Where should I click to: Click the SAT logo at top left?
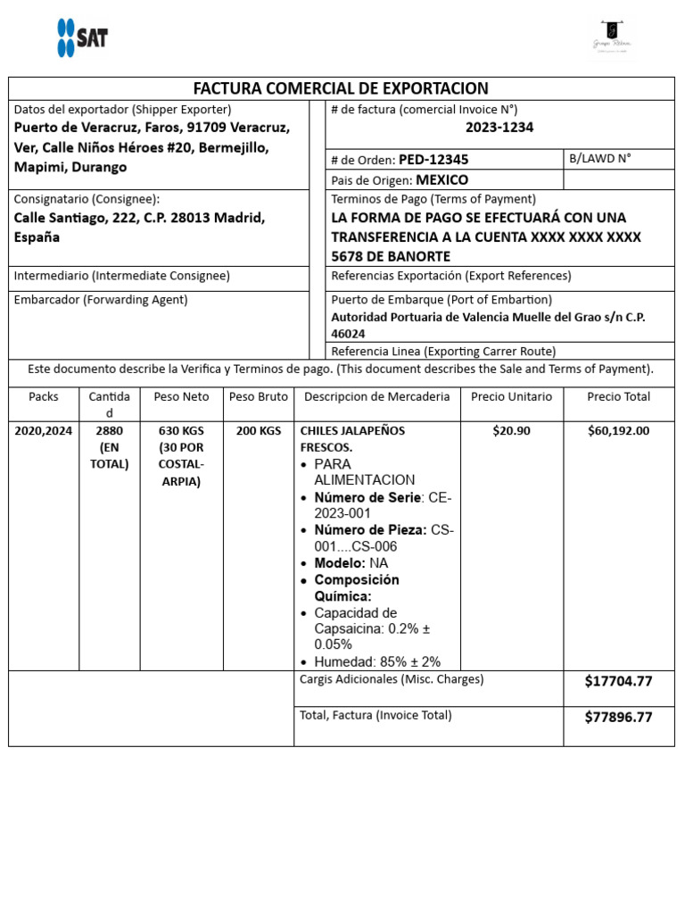pyautogui.click(x=82, y=38)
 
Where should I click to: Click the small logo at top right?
pyautogui.click(x=612, y=37)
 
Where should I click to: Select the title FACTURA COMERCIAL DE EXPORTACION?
pyautogui.click(x=341, y=88)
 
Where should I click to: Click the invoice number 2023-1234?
pyautogui.click(x=499, y=128)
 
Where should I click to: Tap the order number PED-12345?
pyautogui.click(x=433, y=160)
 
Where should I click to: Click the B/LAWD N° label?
pyautogui.click(x=599, y=158)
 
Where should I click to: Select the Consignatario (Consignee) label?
pyautogui.click(x=87, y=199)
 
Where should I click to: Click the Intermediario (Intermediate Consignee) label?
pyautogui.click(x=122, y=276)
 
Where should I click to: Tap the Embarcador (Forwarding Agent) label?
pyautogui.click(x=101, y=300)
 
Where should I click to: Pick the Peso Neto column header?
pyautogui.click(x=181, y=396)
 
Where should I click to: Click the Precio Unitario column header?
pyautogui.click(x=511, y=396)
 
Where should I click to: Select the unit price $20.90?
pyautogui.click(x=511, y=430)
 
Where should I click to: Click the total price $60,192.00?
pyautogui.click(x=618, y=430)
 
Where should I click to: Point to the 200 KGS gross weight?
pyautogui.click(x=259, y=430)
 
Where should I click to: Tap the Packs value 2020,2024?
pyautogui.click(x=44, y=430)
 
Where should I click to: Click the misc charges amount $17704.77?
pyautogui.click(x=618, y=681)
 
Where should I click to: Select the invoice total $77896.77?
pyautogui.click(x=618, y=717)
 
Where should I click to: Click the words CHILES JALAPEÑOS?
pyautogui.click(x=352, y=430)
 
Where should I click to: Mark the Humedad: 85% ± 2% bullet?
pyautogui.click(x=377, y=661)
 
